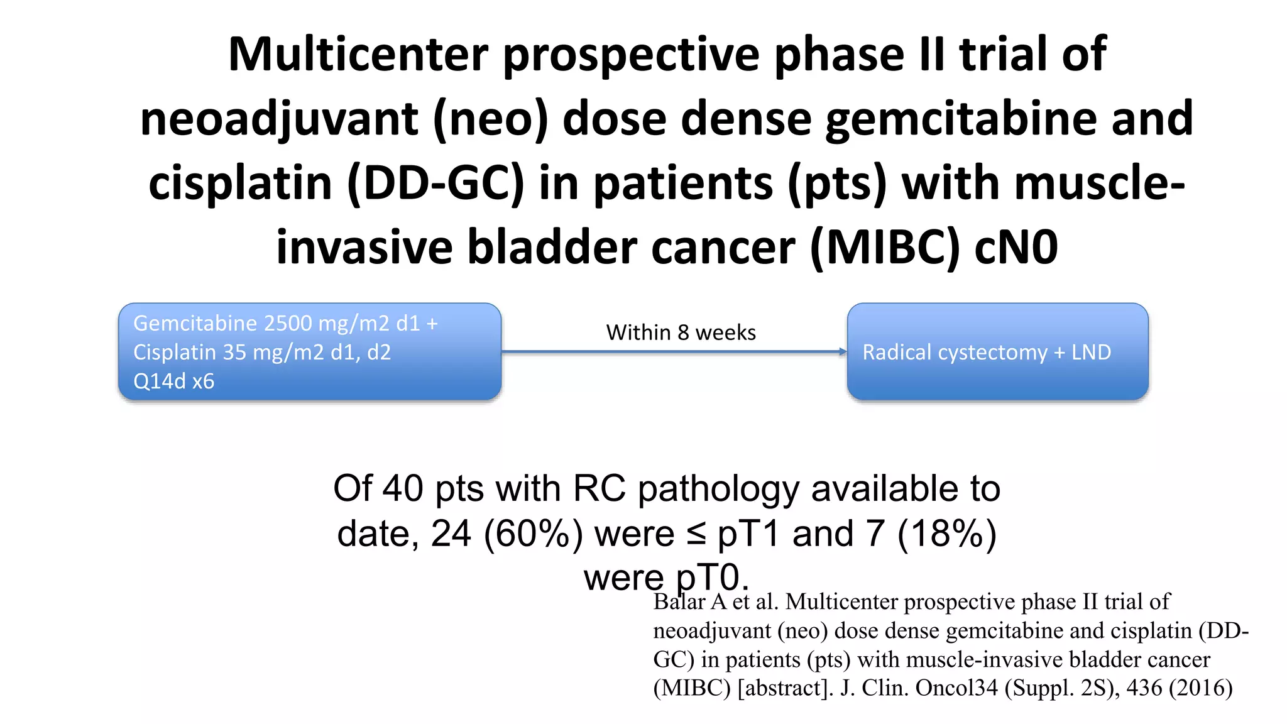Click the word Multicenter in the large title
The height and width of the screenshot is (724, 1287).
358,55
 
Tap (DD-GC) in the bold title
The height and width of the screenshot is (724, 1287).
435,184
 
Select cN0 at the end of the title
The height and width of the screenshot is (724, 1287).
1016,248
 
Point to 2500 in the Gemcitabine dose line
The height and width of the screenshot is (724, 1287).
288,323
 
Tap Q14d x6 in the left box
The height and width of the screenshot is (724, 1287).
173,381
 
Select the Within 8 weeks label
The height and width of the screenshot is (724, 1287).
681,332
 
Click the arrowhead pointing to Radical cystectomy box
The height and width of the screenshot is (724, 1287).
843,352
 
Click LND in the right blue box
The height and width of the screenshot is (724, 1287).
1091,352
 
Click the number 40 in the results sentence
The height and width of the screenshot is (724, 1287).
402,488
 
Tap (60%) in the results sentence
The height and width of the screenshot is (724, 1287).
533,534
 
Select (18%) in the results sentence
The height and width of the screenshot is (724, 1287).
947,534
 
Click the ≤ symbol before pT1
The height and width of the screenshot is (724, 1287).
696,535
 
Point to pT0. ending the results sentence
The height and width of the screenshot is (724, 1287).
712,577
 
